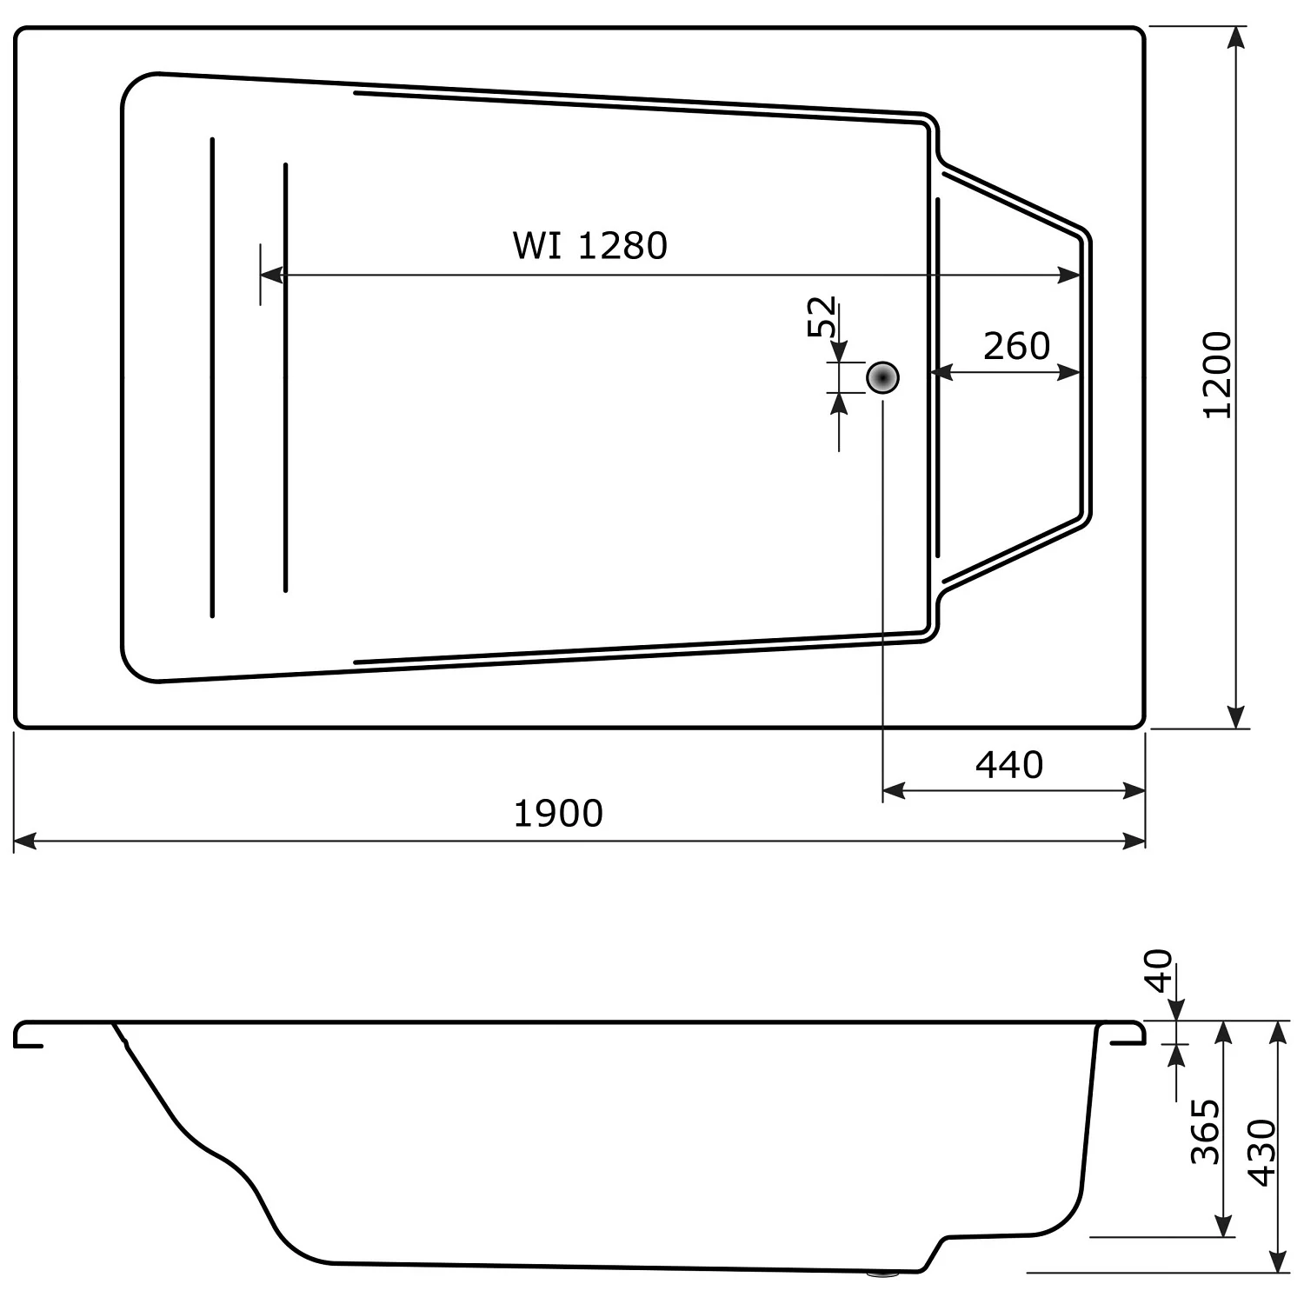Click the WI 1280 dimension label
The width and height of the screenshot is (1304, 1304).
[589, 246]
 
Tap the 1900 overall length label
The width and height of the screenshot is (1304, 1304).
[558, 814]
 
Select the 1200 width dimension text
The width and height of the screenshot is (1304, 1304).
[1218, 375]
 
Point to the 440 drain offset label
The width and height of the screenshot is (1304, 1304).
[1008, 765]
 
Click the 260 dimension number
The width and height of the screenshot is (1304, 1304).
[1016, 347]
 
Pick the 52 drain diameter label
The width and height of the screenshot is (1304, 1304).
[822, 316]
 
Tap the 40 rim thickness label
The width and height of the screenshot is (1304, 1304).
[1159, 971]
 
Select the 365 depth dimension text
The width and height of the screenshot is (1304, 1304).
[1206, 1131]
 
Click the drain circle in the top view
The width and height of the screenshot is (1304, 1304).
[882, 378]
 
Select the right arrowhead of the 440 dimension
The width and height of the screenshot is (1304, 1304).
[1134, 791]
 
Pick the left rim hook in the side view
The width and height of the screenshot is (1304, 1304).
[26, 1035]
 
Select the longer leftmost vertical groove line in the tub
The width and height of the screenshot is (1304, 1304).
[212, 377]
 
